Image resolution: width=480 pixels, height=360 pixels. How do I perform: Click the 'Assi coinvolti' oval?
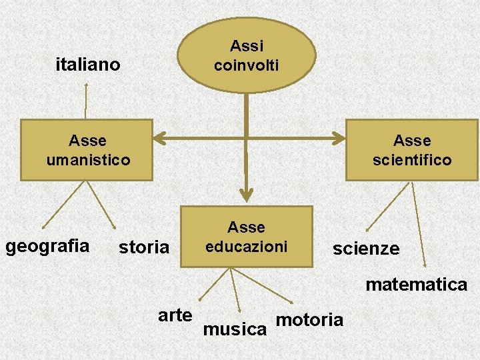point(246,56)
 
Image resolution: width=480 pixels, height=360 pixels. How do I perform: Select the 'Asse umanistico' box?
point(87,150)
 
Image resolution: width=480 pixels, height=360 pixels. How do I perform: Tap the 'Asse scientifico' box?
point(412,150)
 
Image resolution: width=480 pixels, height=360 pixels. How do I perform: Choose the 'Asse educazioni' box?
point(246,237)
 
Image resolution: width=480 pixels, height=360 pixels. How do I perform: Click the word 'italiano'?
point(88,65)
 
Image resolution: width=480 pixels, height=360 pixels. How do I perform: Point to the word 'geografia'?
point(47,246)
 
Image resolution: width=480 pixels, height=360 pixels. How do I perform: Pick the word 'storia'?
point(144,247)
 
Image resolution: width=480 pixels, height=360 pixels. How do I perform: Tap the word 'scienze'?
point(366,249)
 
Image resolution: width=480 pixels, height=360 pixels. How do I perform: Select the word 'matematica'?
point(416,285)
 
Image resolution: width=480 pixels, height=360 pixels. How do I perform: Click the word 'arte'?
point(175,315)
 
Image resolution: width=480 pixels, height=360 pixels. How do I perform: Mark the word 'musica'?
point(235,329)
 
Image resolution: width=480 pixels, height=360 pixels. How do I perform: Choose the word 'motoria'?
point(309,320)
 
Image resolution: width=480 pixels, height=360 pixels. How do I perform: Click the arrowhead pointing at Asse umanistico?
point(160,139)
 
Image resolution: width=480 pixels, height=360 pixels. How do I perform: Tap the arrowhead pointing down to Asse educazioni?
point(247,195)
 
